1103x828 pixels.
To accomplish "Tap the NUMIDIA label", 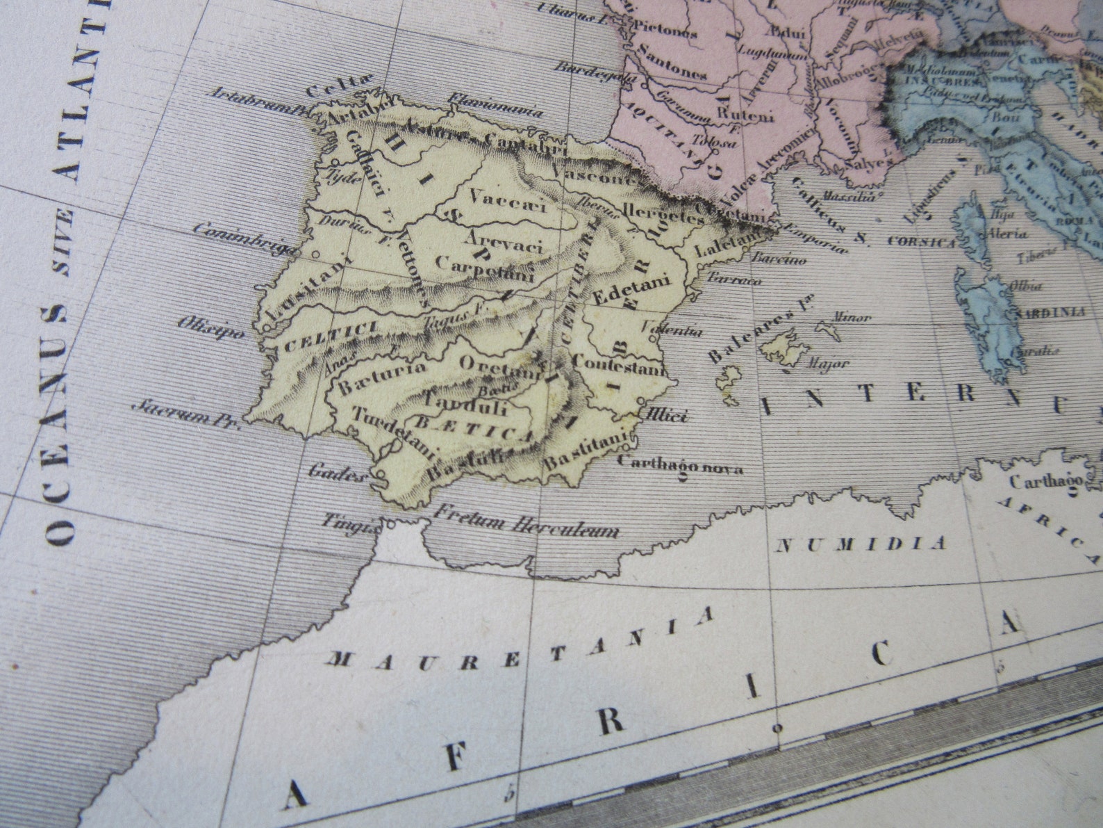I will coord(861,544).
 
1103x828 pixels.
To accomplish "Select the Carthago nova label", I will coord(679,464).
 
